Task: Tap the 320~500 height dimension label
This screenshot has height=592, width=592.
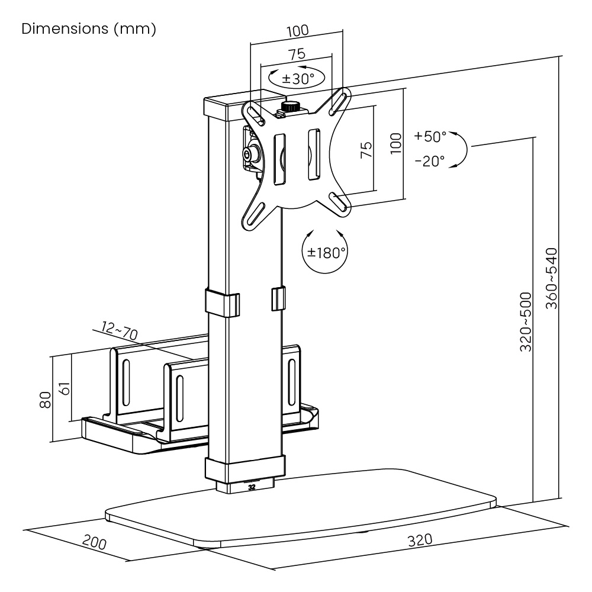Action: [526, 321]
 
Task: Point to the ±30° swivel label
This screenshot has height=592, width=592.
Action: [298, 78]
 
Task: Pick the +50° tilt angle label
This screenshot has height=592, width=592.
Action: [430, 136]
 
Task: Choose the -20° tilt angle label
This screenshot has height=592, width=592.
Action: [430, 160]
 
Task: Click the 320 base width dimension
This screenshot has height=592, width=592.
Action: [420, 540]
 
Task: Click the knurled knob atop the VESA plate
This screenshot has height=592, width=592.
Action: [289, 107]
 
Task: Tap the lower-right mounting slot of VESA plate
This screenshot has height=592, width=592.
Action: [339, 201]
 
